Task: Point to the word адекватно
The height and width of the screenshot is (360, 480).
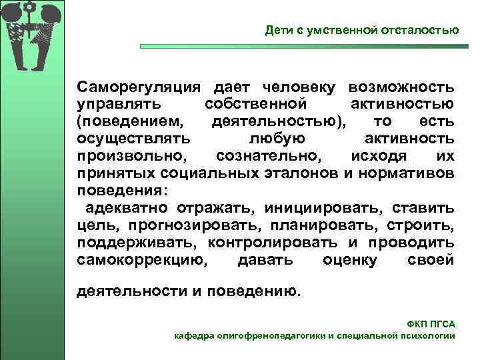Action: pos(127,207)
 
